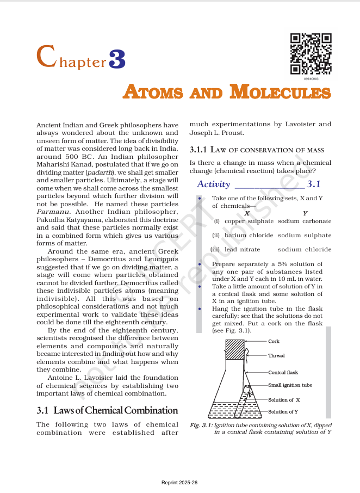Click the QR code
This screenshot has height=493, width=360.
(311, 54)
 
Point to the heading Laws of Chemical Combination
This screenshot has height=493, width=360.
(107, 410)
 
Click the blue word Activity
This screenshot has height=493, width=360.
(213, 184)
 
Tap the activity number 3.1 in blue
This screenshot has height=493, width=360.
(314, 184)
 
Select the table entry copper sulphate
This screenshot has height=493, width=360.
(249, 221)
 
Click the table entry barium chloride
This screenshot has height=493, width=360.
(249, 236)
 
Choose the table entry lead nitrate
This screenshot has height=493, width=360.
(242, 250)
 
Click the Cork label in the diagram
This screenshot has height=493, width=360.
(274, 341)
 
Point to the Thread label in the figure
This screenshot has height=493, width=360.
(276, 356)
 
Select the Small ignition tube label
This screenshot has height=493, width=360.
(290, 385)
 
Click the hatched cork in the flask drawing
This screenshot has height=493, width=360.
(235, 349)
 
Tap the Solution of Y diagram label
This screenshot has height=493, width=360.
(283, 412)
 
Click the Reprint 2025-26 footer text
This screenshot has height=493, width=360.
(179, 483)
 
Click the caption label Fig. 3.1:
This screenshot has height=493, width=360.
(201, 425)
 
